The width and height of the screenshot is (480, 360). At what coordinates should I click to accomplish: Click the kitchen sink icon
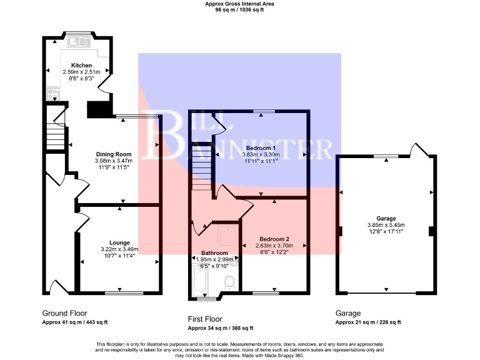click(x=79, y=42)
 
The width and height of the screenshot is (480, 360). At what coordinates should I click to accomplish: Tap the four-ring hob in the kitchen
click(x=52, y=95)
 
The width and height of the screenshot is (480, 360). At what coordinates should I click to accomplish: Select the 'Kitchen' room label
click(x=81, y=66)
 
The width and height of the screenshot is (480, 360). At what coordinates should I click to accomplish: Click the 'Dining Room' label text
click(x=113, y=154)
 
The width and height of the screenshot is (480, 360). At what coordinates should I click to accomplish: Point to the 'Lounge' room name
click(x=119, y=242)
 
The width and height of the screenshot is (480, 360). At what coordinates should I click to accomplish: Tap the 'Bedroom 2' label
click(x=274, y=239)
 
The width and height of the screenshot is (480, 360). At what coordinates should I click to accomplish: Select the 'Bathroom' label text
click(x=214, y=253)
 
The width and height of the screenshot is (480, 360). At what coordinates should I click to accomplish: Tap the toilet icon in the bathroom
click(x=229, y=282)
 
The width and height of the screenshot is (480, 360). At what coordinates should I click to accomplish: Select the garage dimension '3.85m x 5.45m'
click(x=386, y=226)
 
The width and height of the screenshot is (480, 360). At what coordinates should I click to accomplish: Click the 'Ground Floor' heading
click(x=64, y=313)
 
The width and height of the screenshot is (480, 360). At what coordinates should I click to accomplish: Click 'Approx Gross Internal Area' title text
click(x=239, y=4)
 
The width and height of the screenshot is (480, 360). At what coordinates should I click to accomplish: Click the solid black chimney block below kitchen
click(x=97, y=109)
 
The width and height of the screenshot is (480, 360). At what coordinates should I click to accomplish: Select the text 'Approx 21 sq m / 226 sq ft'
click(x=368, y=322)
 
